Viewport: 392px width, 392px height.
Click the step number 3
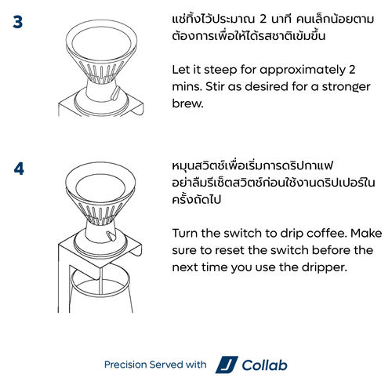[18, 22]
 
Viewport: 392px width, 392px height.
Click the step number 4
[19, 169]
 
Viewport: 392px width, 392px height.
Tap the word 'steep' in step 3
[220, 70]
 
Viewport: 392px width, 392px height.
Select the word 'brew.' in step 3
[187, 103]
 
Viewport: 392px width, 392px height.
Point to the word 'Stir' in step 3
[215, 86]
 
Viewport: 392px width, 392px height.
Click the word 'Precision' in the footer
[125, 365]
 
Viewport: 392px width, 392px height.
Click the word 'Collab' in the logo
[264, 365]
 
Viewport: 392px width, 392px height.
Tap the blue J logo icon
[227, 365]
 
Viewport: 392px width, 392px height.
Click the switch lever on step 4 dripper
[112, 236]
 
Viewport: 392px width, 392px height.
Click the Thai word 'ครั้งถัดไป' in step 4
[197, 200]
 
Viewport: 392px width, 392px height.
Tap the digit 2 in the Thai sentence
[263, 19]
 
